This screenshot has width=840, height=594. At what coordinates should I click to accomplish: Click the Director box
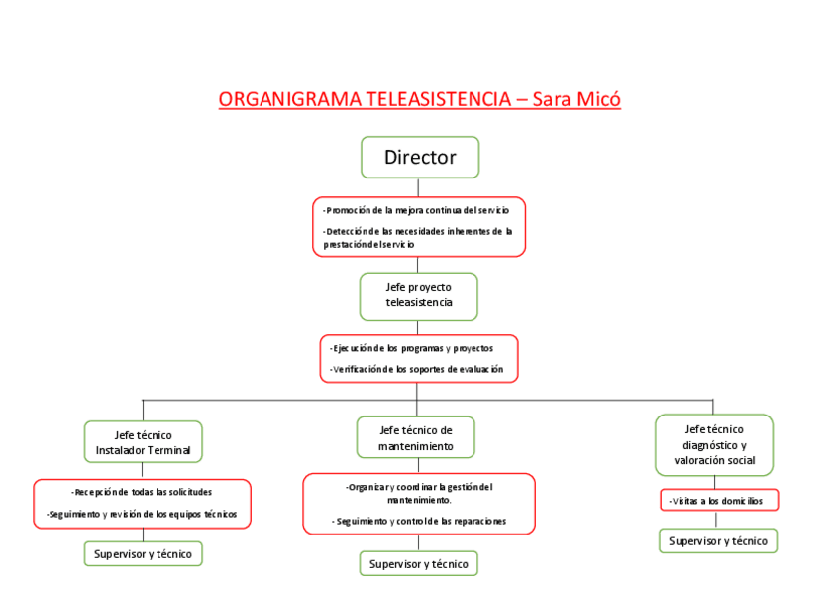(419, 157)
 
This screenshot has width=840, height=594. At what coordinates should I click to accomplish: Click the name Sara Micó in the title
(577, 100)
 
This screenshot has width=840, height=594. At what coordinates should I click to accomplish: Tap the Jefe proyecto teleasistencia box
(418, 295)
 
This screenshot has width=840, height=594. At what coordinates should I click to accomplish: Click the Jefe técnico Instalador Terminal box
(143, 442)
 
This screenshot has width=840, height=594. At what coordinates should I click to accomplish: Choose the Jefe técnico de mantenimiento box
(415, 437)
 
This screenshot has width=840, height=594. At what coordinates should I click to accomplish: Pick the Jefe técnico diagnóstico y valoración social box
(713, 444)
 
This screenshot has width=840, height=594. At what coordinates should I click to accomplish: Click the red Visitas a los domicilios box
(718, 501)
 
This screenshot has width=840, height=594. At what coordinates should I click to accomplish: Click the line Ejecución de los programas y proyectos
(411, 348)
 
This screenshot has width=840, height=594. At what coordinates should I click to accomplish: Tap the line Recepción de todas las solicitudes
(142, 492)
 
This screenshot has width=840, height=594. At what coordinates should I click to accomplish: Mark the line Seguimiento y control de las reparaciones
(419, 521)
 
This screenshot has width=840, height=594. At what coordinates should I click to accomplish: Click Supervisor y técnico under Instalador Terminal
(143, 553)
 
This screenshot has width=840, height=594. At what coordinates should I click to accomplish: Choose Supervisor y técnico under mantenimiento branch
(418, 563)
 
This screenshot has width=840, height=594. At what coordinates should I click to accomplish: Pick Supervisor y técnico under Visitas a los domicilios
(718, 540)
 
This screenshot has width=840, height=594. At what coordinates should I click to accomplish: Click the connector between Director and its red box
(418, 187)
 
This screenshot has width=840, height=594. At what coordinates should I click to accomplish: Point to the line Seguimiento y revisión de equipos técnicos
(142, 514)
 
